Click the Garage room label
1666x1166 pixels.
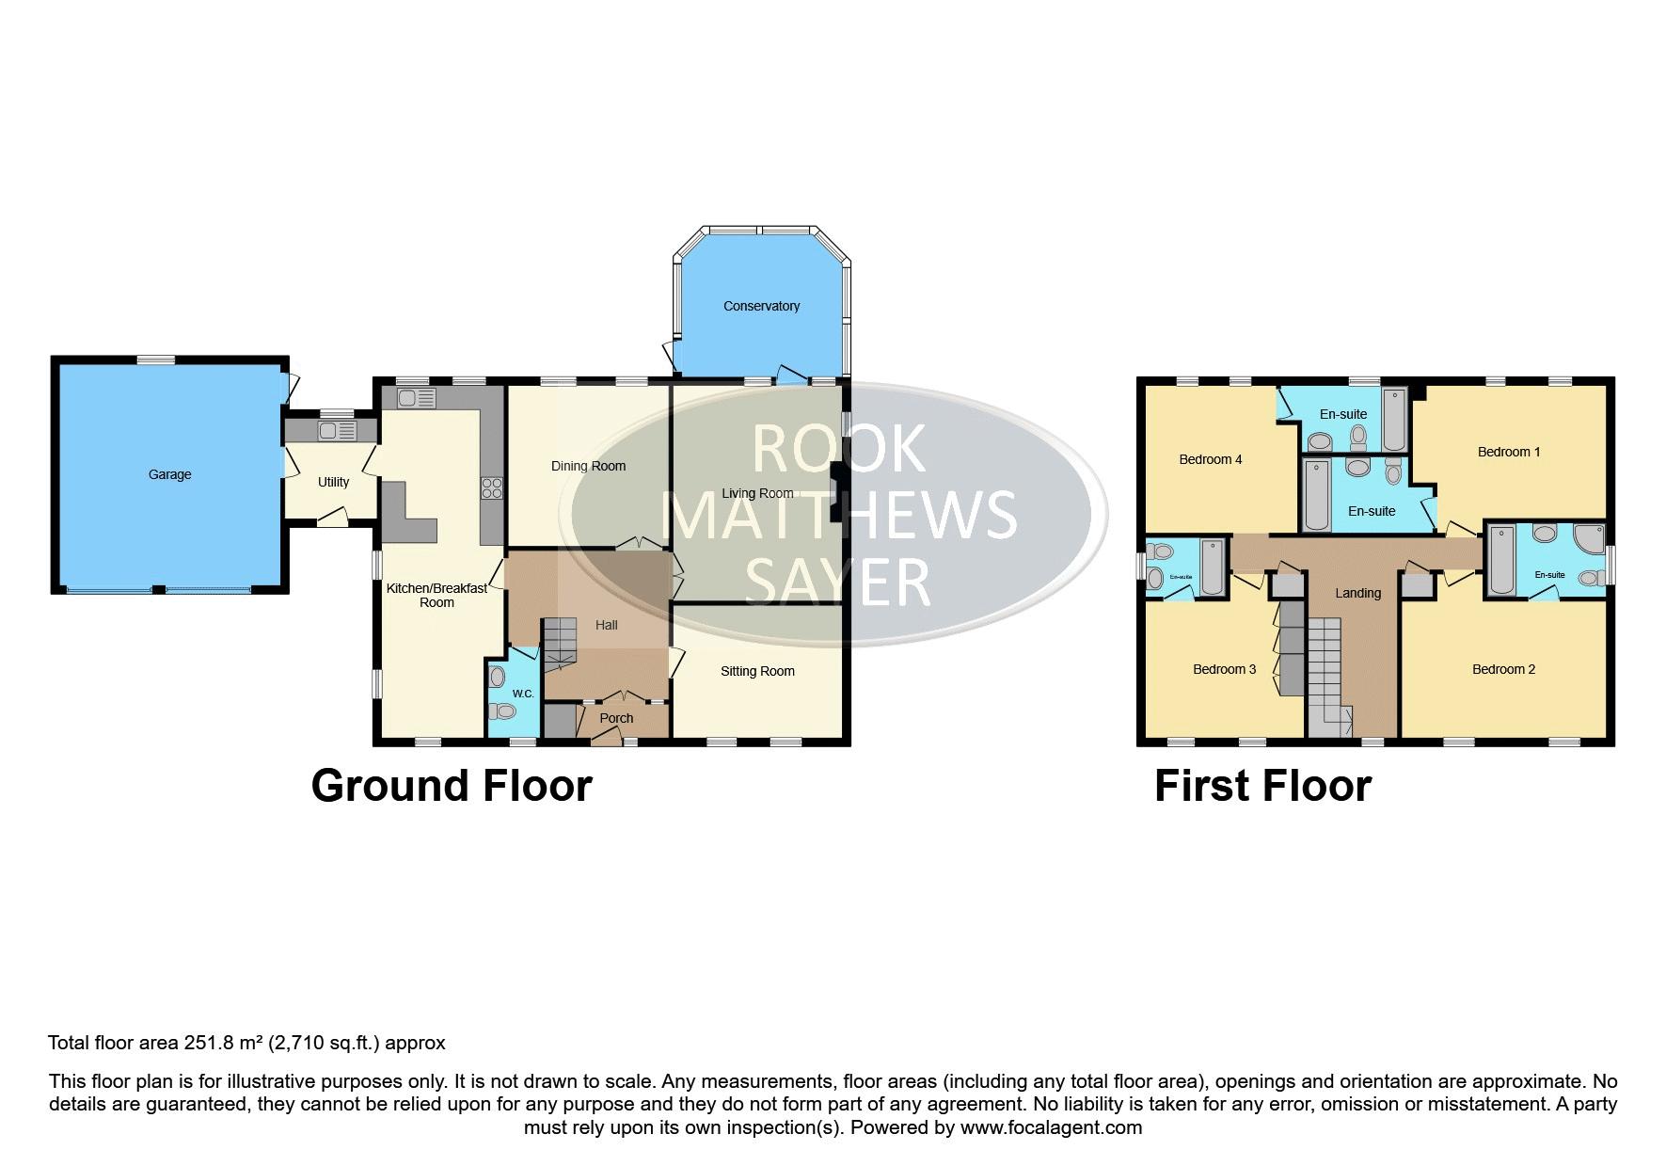coord(169,474)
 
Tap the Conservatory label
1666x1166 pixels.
coord(761,306)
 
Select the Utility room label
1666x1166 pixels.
coord(333,482)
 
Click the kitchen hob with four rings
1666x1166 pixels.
coord(492,487)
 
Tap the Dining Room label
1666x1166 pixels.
coord(588,466)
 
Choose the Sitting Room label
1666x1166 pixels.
coord(757,671)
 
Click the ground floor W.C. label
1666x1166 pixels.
coord(523,695)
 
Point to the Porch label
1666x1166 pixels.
coord(616,718)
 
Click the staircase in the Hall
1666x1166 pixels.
coord(560,644)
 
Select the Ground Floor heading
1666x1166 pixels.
coord(452,786)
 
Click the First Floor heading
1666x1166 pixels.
coord(1262,786)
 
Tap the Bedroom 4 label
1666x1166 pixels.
coord(1211,459)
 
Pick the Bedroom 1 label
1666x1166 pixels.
coord(1509,452)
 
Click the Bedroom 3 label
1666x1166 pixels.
coord(1225,669)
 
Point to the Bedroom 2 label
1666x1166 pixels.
coord(1503,669)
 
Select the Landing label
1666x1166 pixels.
coord(1357,593)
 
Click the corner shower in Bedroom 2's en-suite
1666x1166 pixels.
coord(1589,538)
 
